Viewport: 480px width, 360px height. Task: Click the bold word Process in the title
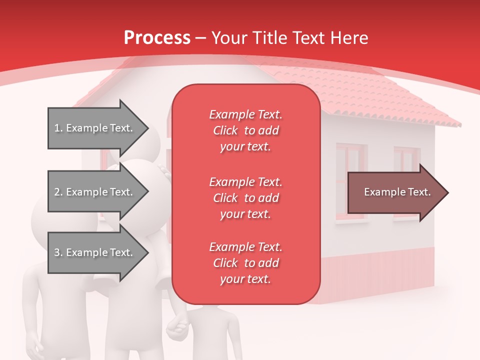point(157,38)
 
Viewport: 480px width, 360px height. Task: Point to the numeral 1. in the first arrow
point(58,128)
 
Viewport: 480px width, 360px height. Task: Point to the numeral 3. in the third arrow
point(58,252)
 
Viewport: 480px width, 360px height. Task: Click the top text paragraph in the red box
point(245,130)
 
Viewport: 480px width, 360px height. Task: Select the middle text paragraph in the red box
point(245,198)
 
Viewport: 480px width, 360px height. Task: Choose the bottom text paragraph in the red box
point(245,263)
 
